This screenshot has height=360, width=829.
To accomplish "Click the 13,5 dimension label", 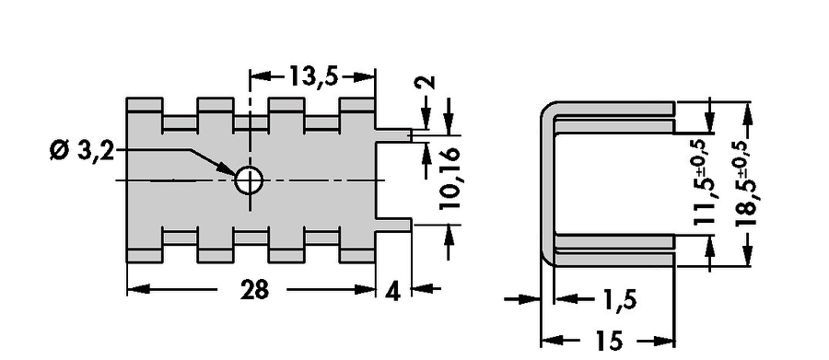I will coord(311,77).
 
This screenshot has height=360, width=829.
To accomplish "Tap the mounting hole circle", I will coord(249,180).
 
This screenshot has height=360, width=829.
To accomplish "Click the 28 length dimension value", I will coord(254,290).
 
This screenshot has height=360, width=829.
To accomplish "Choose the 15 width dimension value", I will coord(608,342).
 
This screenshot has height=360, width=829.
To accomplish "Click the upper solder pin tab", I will coord(394,135).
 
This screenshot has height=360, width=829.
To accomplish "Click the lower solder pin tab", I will coord(394,226).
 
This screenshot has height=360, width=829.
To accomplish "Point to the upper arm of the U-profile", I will coord(613,110).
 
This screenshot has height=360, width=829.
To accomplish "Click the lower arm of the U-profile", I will coord(613,250).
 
